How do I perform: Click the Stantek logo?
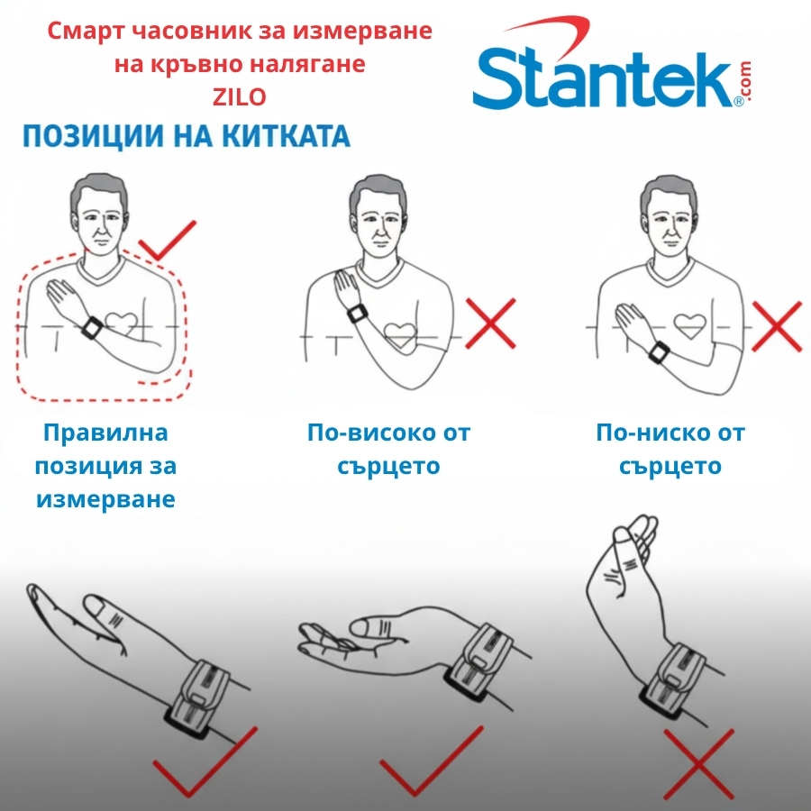tap(611, 64)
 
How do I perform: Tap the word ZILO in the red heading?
tap(240, 97)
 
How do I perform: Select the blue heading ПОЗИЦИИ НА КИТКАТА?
tap(187, 137)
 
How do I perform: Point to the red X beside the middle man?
tap(490, 323)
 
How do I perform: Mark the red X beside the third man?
tap(777, 327)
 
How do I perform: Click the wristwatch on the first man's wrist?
tap(92, 328)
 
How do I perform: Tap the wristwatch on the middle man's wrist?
tap(357, 313)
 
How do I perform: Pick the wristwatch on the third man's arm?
tap(659, 352)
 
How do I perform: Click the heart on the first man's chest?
tap(122, 324)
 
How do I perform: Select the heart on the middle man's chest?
tap(399, 336)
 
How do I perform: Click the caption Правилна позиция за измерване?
tap(105, 466)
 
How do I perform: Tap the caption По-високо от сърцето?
tap(389, 449)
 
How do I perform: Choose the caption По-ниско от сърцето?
tap(670, 449)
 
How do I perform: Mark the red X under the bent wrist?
tap(698, 764)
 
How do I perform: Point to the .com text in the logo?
tap(745, 82)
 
